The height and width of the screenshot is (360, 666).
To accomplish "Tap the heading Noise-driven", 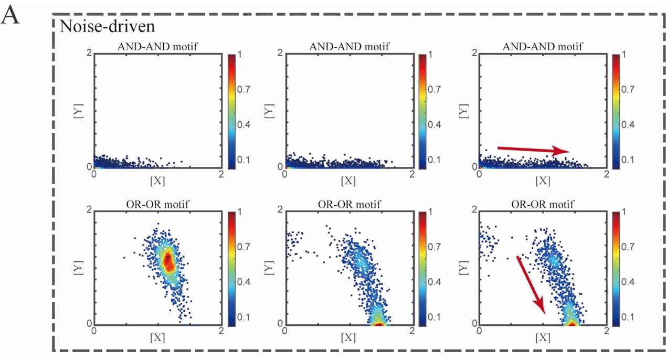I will click(100, 26).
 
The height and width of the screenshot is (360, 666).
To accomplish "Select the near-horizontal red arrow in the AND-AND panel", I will click(533, 150).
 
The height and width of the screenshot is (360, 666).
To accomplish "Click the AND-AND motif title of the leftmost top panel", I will click(157, 47).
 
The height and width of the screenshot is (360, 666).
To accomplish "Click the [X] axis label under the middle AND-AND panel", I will click(348, 181).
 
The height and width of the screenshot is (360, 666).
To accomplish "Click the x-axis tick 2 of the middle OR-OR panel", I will click(411, 332).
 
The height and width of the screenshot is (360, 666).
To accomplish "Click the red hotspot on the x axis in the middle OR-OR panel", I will click(378, 323).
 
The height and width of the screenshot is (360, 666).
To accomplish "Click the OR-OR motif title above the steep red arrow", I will click(542, 204).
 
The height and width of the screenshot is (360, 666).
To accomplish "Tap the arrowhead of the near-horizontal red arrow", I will click(566, 151).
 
